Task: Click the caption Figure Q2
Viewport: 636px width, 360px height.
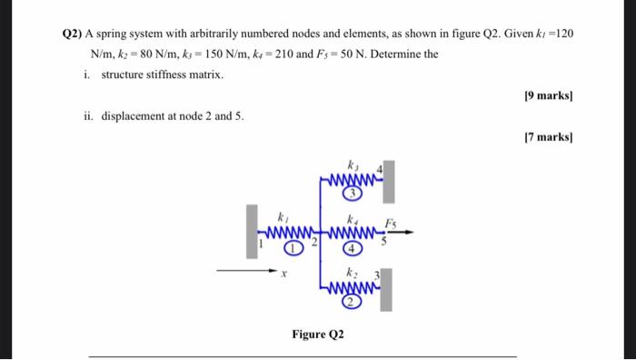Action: point(318,335)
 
